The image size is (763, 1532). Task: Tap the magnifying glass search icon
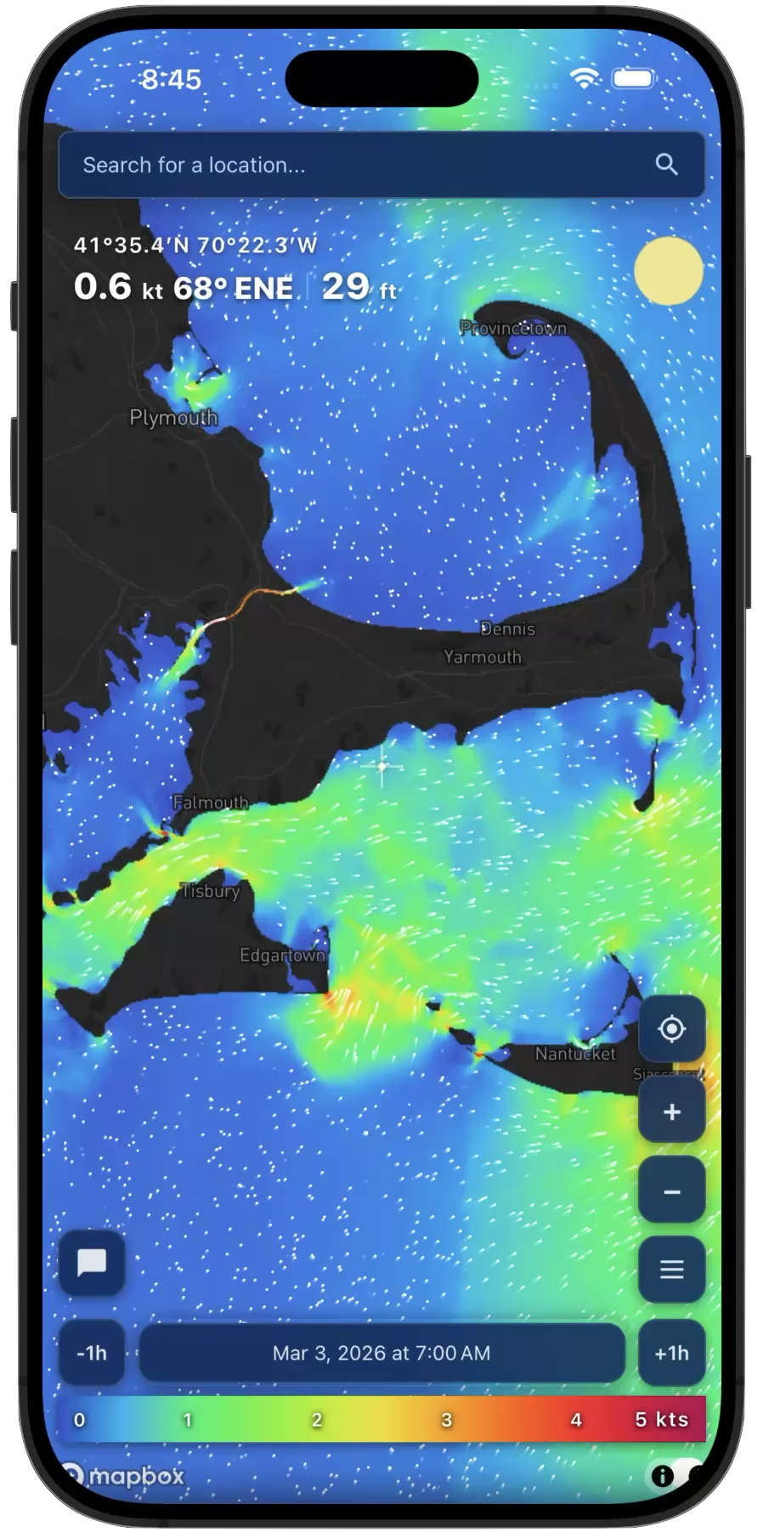pos(667,165)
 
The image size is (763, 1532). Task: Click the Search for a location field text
pos(194,165)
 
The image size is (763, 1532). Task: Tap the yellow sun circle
pos(669,271)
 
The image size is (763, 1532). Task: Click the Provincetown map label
pos(513,328)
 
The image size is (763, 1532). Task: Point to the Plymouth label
pos(173,418)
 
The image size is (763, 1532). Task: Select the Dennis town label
pos(508,628)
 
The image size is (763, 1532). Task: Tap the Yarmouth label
pos(483,656)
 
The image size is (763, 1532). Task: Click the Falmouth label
pos(211,803)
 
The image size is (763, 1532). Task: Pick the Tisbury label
pos(211,891)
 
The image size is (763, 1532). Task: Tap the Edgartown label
pos(282,955)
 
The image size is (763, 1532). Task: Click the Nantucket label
pos(575,1054)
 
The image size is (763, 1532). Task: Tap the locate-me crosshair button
pos(671,1029)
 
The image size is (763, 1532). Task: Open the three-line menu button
pos(671,1270)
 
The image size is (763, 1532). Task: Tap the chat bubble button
pos(92,1263)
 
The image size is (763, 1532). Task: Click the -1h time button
pos(92,1353)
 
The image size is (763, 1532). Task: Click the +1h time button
pos(671,1353)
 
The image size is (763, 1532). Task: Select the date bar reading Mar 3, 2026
pos(381,1353)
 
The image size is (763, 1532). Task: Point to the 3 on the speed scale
pos(446,1420)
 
